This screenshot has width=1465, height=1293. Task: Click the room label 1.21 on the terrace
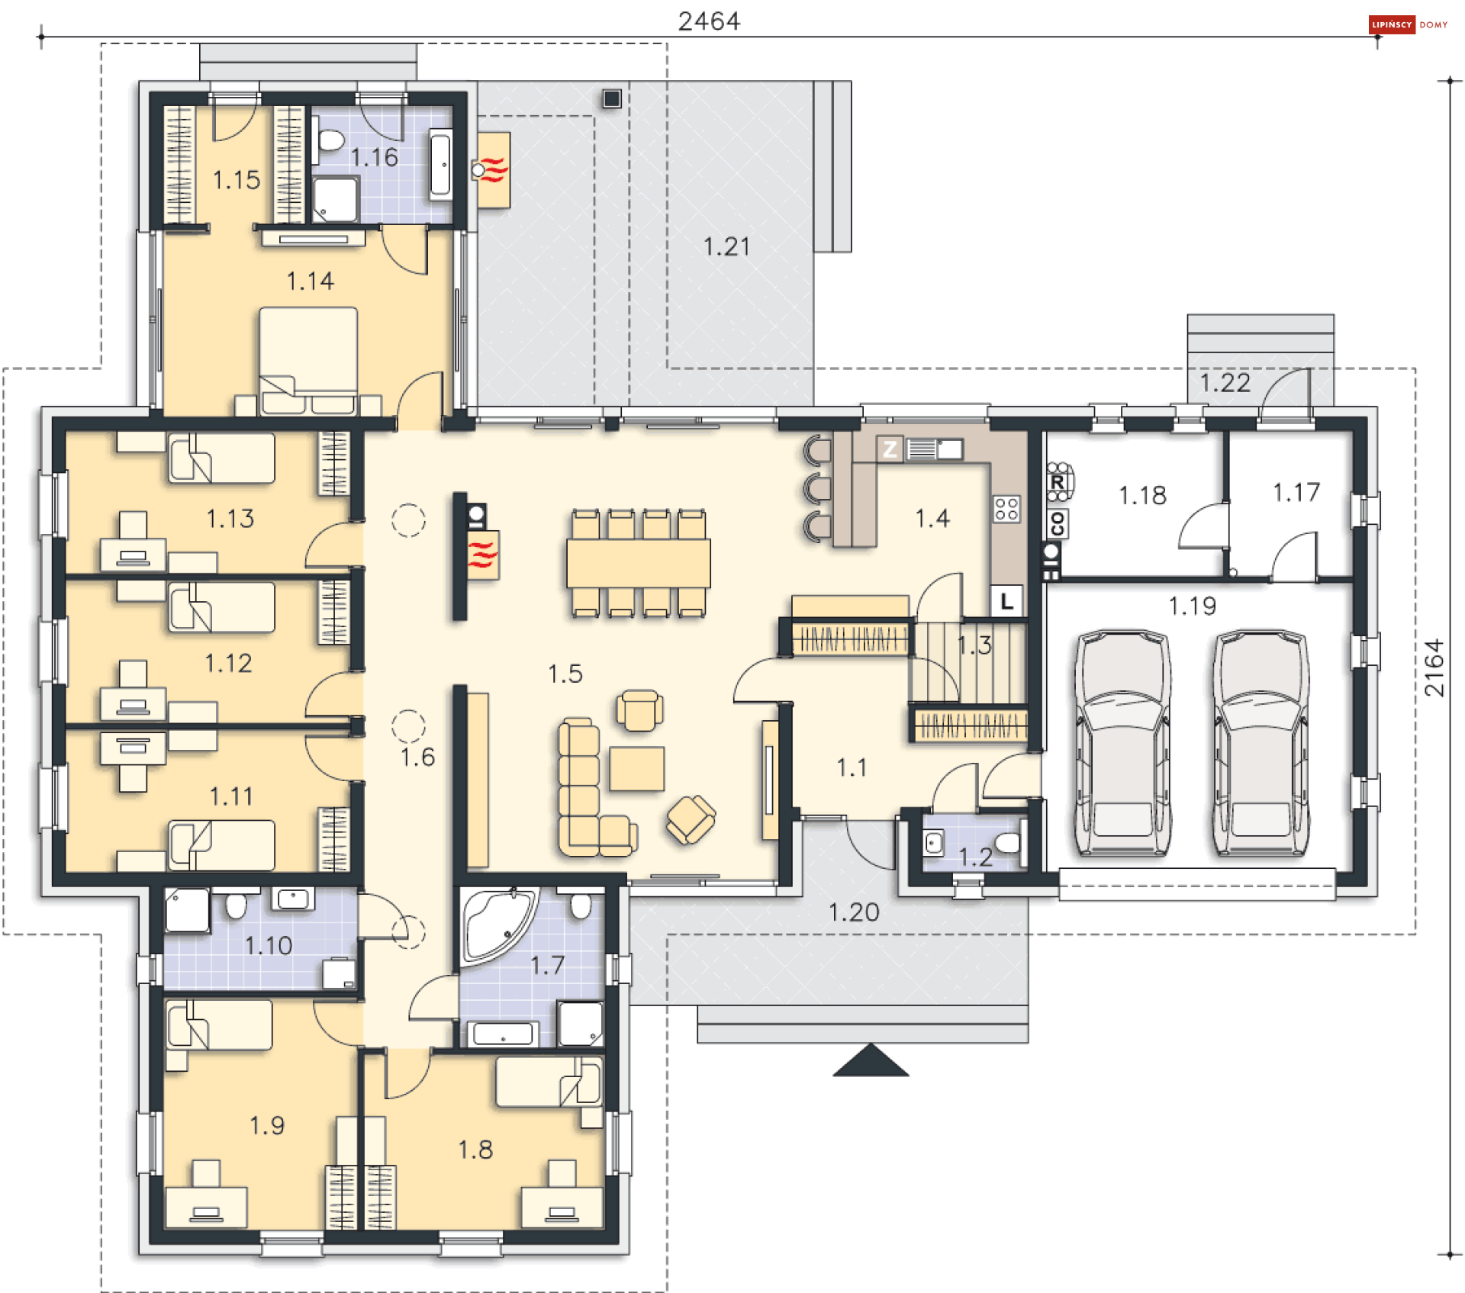726,246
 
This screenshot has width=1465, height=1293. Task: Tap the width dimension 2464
709,21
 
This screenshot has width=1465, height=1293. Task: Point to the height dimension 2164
1434,667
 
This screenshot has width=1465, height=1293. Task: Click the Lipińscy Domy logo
1408,24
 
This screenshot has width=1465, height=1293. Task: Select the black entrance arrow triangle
871,1060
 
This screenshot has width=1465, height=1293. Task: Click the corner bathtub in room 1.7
497,924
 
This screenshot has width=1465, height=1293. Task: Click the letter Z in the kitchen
890,449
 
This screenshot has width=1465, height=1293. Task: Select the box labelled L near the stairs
1006,601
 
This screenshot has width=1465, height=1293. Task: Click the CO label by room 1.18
1058,524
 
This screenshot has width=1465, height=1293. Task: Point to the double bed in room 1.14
308,360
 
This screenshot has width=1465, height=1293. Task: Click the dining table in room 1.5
638,563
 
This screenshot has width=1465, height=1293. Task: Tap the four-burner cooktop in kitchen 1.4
1006,509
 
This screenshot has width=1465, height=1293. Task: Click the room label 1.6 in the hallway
417,757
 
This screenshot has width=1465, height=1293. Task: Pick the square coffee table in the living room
636,769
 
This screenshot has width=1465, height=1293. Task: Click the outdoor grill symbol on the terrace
493,169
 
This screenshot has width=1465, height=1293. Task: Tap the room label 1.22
1225,382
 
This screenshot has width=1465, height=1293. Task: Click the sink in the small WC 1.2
933,843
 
